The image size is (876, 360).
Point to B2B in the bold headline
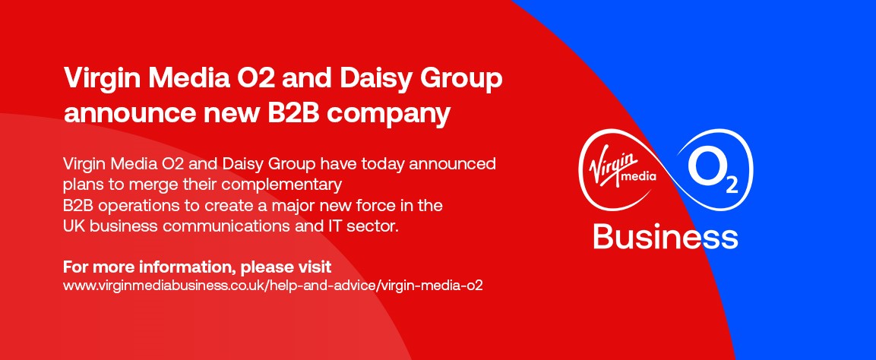click(x=295, y=113)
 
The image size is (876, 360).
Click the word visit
click(x=315, y=267)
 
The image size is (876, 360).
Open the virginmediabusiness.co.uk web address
click(x=274, y=286)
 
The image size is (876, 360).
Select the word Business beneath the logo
click(x=666, y=237)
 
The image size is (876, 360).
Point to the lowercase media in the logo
click(x=639, y=178)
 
